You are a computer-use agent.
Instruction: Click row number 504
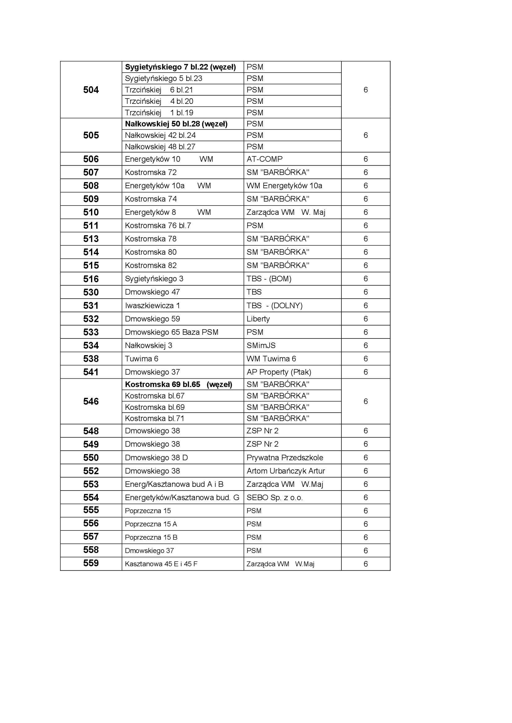click(x=91, y=90)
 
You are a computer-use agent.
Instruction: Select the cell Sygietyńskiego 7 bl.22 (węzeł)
click(x=180, y=67)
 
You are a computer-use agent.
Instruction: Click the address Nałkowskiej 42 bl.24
click(x=160, y=135)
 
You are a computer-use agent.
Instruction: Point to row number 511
click(x=91, y=225)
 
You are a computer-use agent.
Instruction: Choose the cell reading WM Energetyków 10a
click(x=284, y=186)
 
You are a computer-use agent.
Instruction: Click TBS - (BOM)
click(x=269, y=279)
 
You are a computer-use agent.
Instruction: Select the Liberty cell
click(x=258, y=319)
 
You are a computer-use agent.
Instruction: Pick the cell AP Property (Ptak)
click(x=279, y=372)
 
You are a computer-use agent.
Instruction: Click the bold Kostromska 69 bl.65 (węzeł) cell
click(x=178, y=385)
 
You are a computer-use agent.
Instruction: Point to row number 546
click(x=91, y=402)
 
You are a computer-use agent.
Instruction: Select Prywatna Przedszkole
click(x=285, y=457)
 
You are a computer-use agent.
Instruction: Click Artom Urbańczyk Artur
click(x=286, y=471)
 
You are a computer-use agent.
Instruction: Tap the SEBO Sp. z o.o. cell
click(x=274, y=498)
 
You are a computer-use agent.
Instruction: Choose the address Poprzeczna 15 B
click(x=151, y=538)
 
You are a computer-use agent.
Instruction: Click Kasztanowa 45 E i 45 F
click(x=161, y=564)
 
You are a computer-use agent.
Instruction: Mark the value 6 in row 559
click(x=365, y=564)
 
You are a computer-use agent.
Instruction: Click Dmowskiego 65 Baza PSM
click(x=171, y=332)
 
